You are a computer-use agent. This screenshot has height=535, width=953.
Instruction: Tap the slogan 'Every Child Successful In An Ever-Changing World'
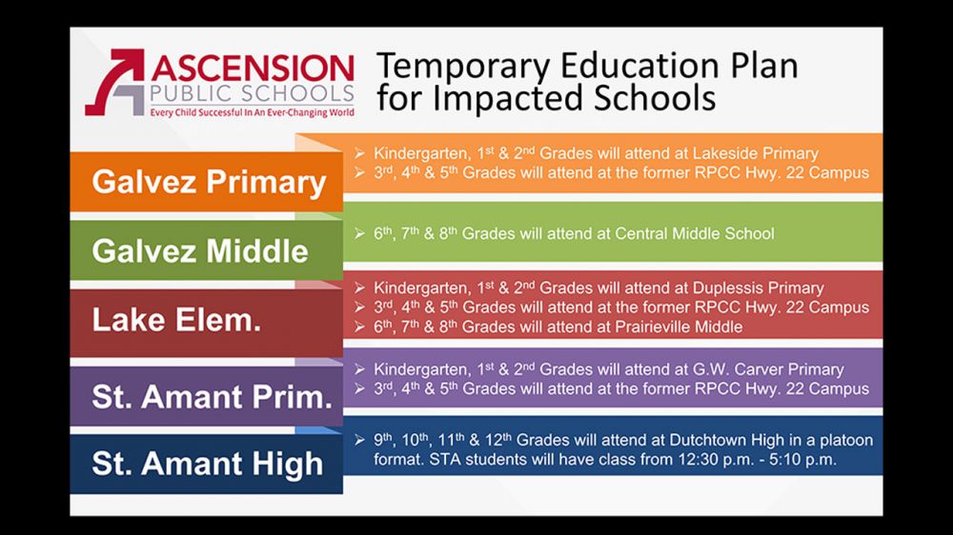[x=251, y=112]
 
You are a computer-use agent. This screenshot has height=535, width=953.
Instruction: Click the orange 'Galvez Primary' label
[x=209, y=182]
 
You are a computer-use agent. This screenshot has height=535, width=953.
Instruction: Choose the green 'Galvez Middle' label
[x=200, y=250]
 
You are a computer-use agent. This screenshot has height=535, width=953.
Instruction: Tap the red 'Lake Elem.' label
[x=176, y=320]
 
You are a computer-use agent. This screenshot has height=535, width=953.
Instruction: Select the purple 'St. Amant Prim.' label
[x=212, y=396]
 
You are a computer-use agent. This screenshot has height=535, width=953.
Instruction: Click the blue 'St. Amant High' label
[x=207, y=464]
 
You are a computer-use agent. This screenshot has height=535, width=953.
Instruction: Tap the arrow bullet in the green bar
[x=359, y=233]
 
